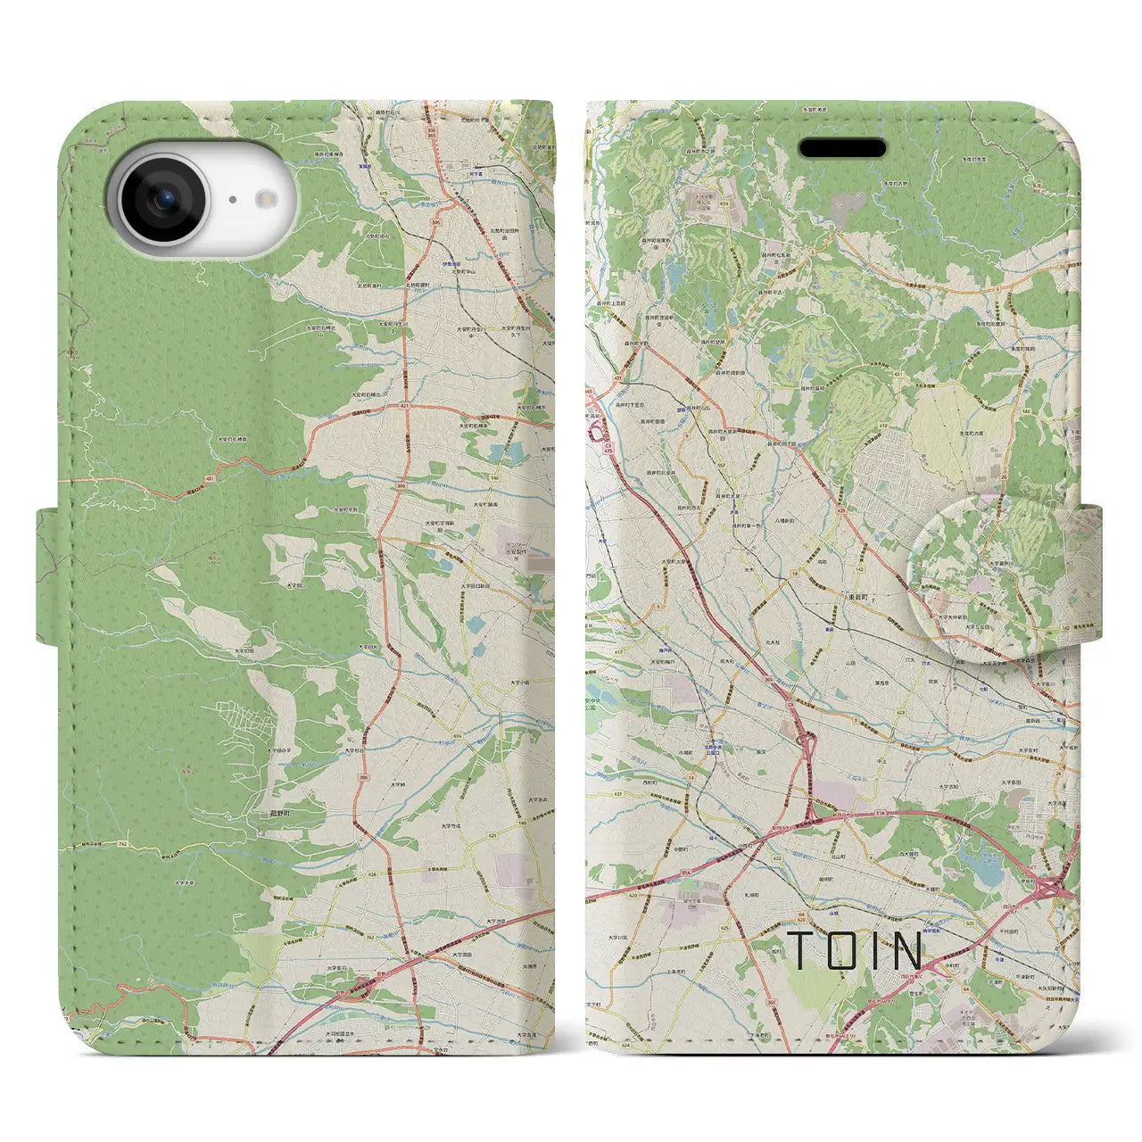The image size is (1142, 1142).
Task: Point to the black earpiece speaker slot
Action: point(841,148)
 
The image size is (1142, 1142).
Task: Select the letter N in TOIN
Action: point(906,951)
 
